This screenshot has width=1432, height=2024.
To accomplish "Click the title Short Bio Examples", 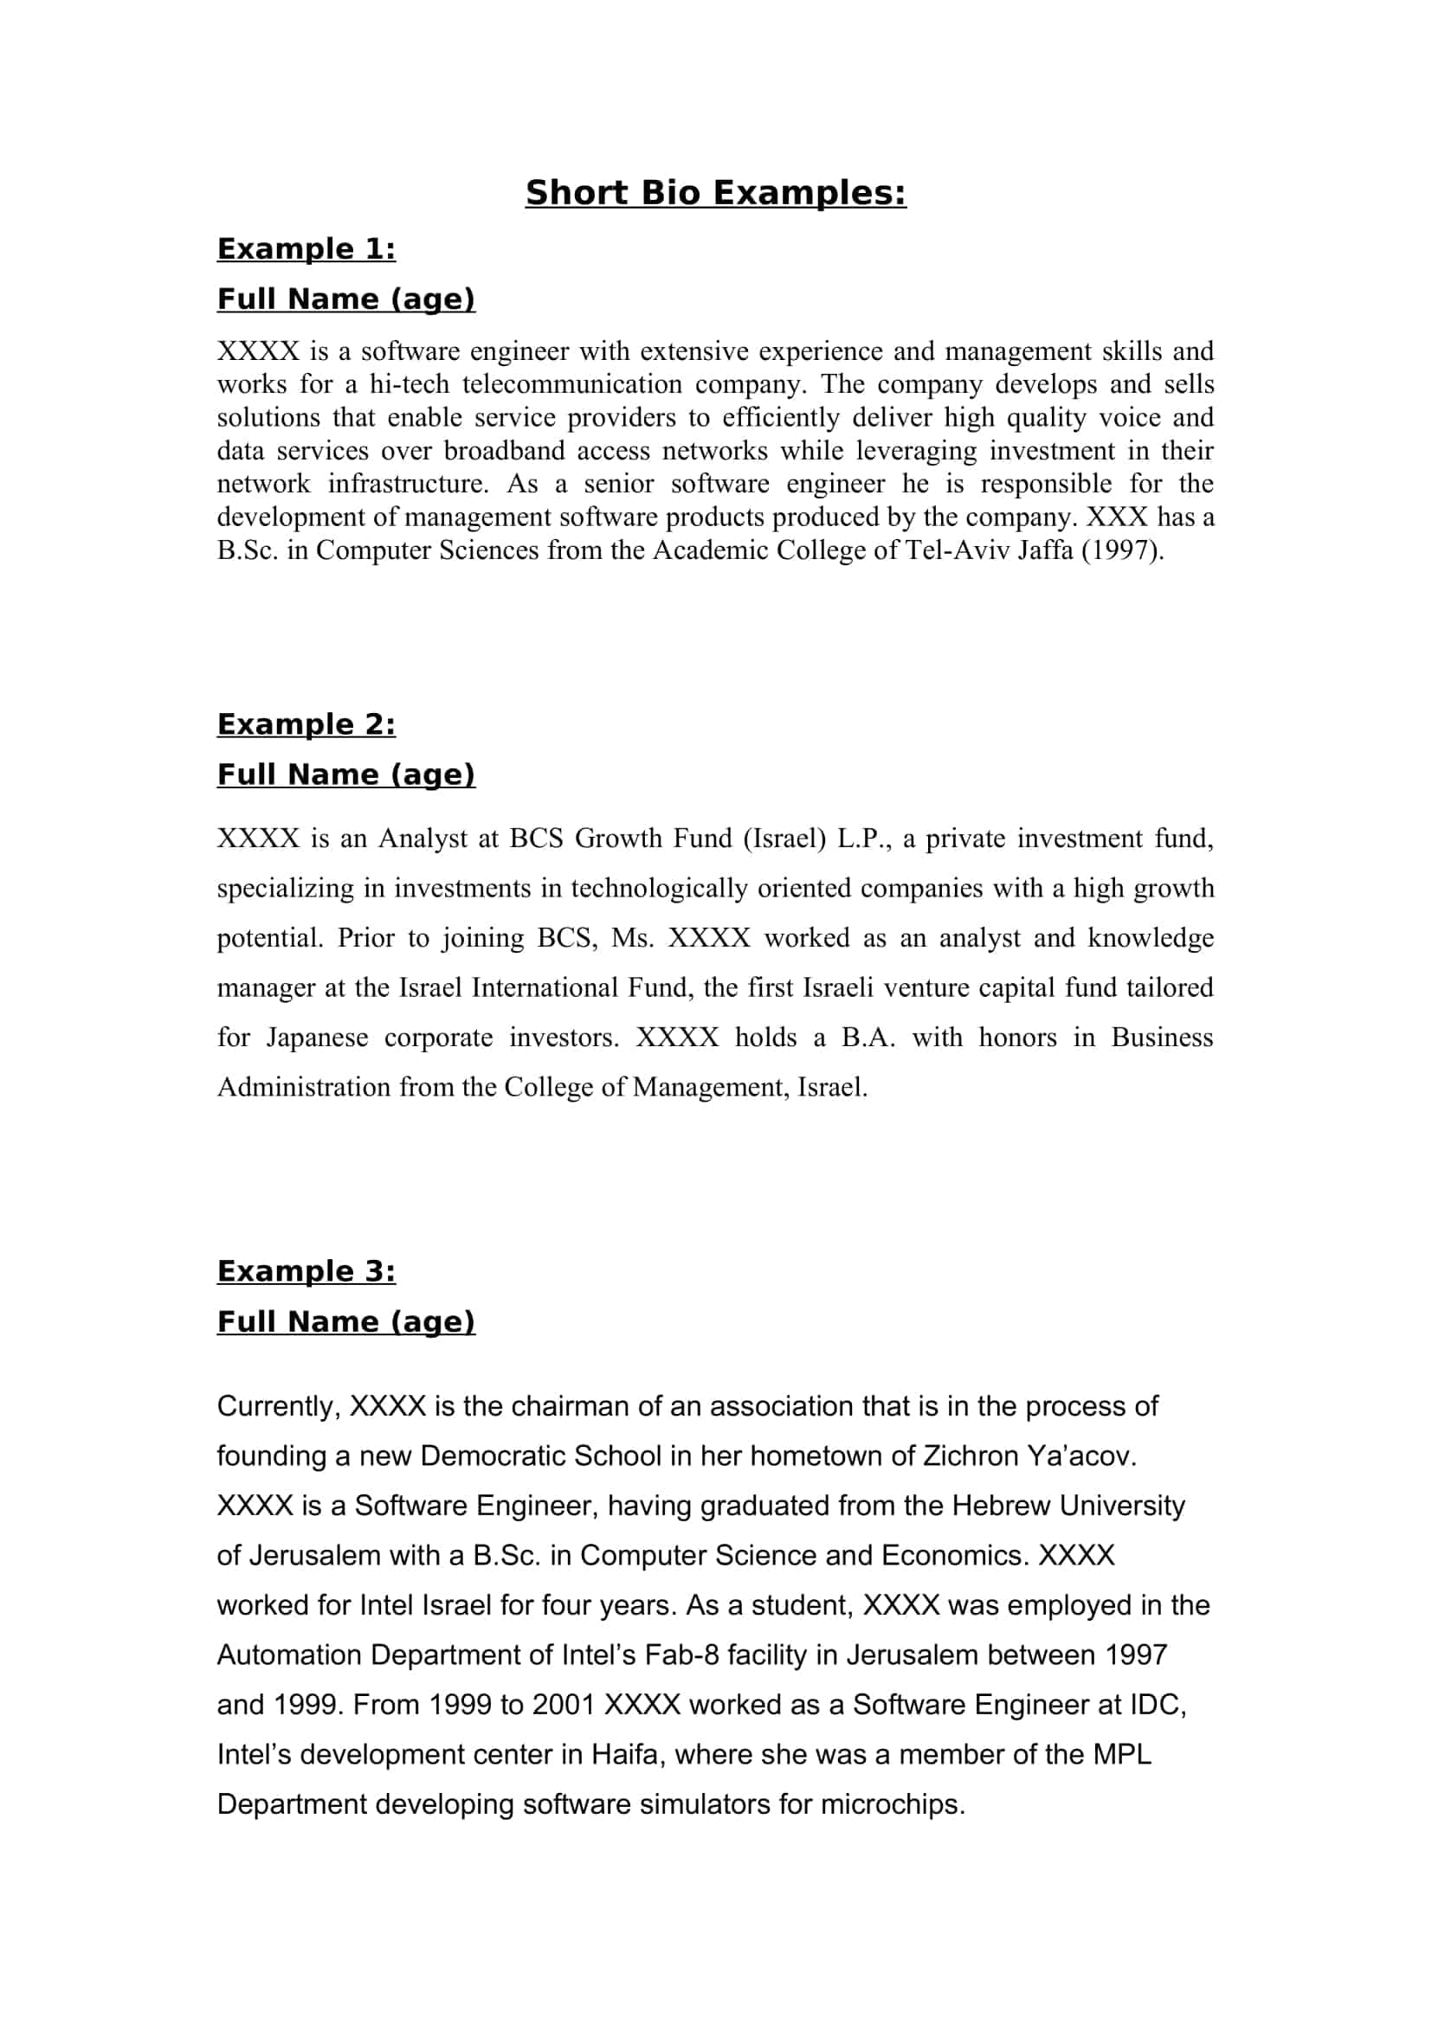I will point(715,193).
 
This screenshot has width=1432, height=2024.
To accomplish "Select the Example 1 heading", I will point(306,249).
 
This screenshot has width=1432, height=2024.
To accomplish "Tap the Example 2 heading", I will point(306,724).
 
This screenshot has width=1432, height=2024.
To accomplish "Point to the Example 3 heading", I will point(306,1271).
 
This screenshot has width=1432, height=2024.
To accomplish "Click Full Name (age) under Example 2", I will point(345,774).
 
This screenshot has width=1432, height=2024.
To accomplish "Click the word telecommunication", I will point(572,384).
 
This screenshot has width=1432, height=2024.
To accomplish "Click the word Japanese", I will point(318,1038).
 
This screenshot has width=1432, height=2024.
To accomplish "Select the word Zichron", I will point(971,1455).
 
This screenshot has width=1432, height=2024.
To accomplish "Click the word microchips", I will point(893,1804).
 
